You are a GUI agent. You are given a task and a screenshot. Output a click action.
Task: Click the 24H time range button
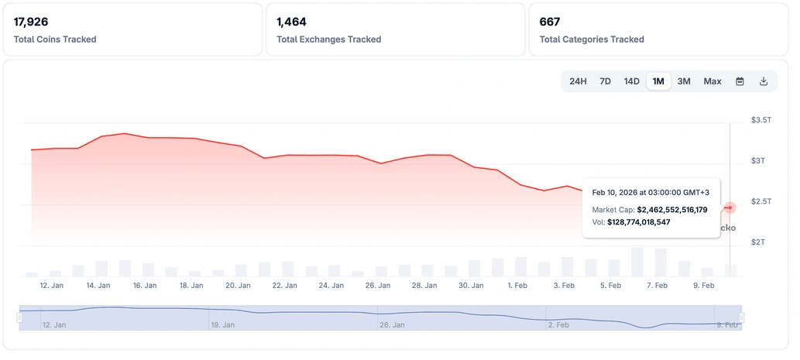click(x=578, y=81)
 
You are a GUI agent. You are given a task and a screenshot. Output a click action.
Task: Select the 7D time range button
click(x=606, y=81)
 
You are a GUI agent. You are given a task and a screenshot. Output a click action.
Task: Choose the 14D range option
click(x=631, y=81)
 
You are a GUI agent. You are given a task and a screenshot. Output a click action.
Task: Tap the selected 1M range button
click(x=658, y=81)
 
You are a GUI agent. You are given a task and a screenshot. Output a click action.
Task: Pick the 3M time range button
click(x=684, y=81)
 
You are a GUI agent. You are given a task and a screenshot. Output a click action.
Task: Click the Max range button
click(x=712, y=81)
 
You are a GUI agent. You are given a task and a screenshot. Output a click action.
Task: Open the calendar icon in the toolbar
click(x=740, y=81)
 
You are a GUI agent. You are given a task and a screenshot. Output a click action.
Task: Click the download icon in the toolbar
click(x=764, y=81)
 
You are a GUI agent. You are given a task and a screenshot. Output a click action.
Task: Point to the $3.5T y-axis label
click(x=761, y=120)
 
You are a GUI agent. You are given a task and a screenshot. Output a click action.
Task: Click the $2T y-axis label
click(x=760, y=242)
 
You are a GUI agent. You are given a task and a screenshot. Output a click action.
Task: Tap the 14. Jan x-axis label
click(x=98, y=286)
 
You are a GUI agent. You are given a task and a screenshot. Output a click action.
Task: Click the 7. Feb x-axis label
click(x=657, y=286)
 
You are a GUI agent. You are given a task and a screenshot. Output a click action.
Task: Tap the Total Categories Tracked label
click(x=592, y=39)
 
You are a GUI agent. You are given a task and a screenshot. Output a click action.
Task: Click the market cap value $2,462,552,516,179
click(x=671, y=210)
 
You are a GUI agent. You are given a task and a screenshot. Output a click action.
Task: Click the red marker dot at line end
click(x=730, y=207)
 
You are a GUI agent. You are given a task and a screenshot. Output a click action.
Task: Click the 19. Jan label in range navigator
click(x=223, y=325)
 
